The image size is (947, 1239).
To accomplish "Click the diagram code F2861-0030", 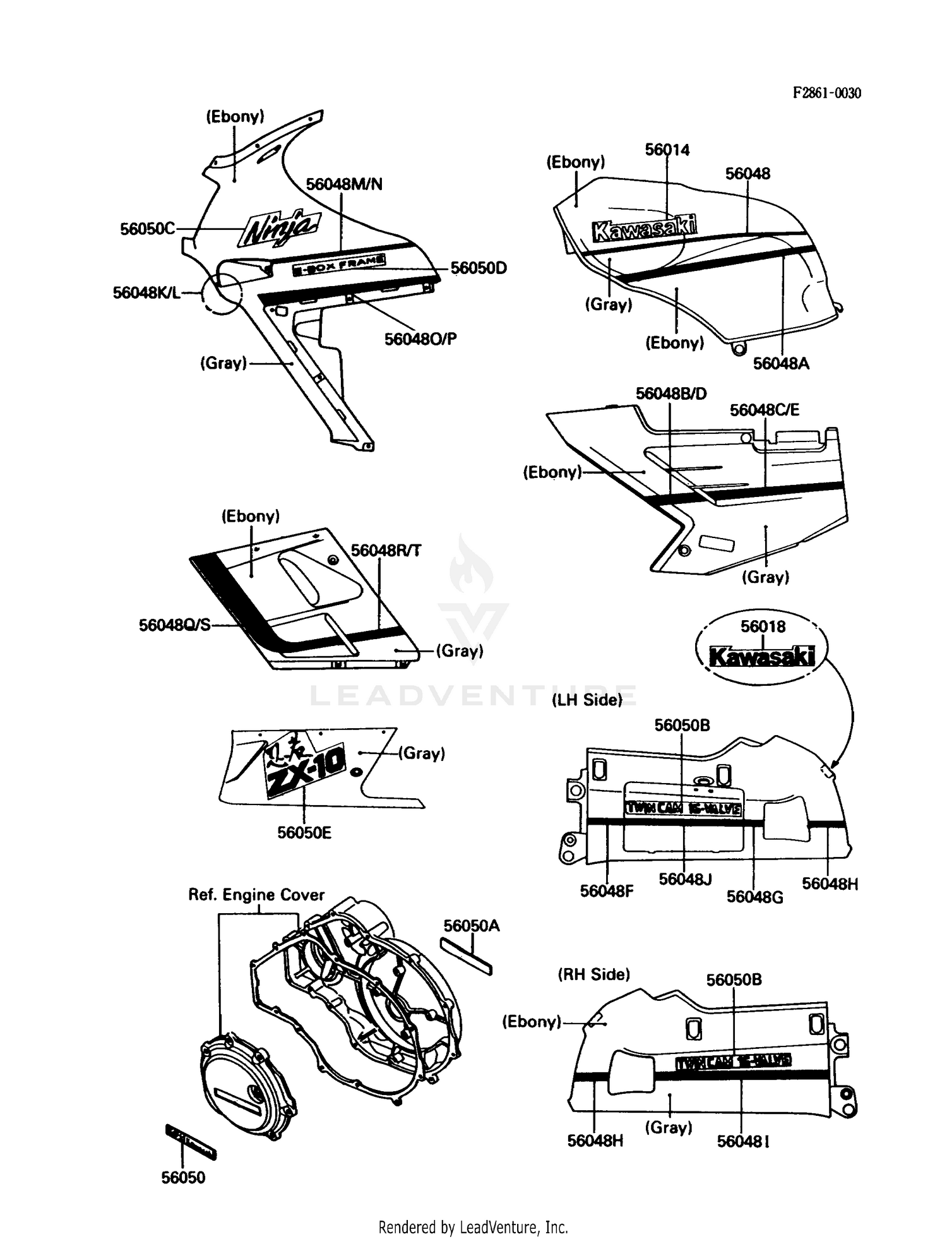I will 826,93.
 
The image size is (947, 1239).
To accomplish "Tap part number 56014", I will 667,150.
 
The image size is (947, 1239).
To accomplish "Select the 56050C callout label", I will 148,229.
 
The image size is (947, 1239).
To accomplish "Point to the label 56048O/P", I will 420,339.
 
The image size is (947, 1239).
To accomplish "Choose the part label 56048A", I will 781,363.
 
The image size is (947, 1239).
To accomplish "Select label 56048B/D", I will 671,393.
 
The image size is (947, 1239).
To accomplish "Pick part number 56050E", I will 304,832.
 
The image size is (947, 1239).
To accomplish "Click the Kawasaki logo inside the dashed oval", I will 762,657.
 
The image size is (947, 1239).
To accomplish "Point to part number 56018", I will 763,626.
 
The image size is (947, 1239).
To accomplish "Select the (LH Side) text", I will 587,700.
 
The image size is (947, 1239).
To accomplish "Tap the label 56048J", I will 685,878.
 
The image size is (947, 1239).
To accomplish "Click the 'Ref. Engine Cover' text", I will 256,895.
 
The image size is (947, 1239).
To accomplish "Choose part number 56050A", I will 471,926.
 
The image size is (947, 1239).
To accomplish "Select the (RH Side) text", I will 593,974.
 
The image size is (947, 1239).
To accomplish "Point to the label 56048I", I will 743,1141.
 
